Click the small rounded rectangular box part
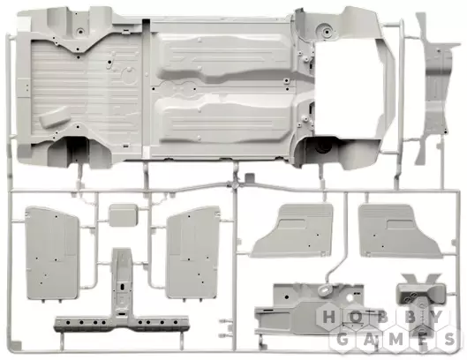coord(123,215)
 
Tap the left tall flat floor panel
coord(52,253)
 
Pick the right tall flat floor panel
coord(193,251)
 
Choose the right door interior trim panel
coord(399,231)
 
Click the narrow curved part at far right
coord(435,88)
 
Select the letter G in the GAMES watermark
coord(343,339)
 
